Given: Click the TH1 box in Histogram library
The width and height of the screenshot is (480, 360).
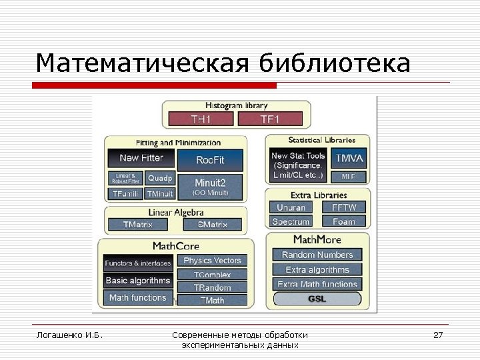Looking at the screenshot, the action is pyautogui.click(x=201, y=119).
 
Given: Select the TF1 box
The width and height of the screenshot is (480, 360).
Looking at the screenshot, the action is pyautogui.click(x=270, y=119).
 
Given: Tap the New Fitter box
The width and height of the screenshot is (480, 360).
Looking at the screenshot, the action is pyautogui.click(x=141, y=159).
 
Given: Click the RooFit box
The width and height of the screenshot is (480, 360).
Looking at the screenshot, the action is pyautogui.click(x=210, y=160).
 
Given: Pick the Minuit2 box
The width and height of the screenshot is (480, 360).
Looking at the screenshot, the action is pyautogui.click(x=210, y=186).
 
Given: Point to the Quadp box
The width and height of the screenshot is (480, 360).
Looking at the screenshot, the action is pyautogui.click(x=160, y=179).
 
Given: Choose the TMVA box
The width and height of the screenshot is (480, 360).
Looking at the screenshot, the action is pyautogui.click(x=349, y=159).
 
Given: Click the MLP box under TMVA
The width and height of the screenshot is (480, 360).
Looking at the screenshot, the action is pyautogui.click(x=349, y=177).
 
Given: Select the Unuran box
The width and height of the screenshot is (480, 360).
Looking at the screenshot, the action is pyautogui.click(x=291, y=208).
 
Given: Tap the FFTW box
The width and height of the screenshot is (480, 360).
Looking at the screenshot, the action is pyautogui.click(x=344, y=208).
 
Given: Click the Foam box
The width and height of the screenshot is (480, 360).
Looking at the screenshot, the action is pyautogui.click(x=344, y=221).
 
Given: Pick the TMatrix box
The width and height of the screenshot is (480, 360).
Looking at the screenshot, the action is pyautogui.click(x=138, y=225).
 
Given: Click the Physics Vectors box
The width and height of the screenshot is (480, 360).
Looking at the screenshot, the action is pyautogui.click(x=212, y=261).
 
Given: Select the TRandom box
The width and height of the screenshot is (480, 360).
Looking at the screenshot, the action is pyautogui.click(x=212, y=287).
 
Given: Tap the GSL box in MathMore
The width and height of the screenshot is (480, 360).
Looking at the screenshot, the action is pyautogui.click(x=317, y=299).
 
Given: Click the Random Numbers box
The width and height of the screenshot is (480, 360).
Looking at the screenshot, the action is pyautogui.click(x=317, y=255).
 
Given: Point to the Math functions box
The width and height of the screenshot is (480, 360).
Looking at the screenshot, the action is pyautogui.click(x=138, y=297).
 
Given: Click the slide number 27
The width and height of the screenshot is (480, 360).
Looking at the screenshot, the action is pyautogui.click(x=438, y=335).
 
